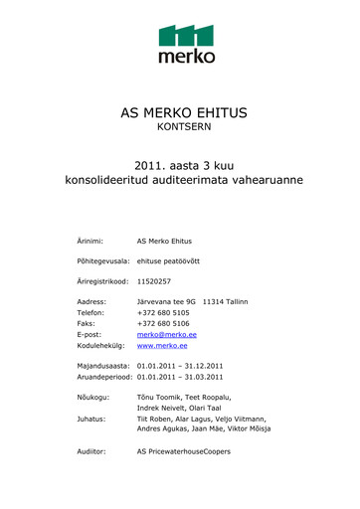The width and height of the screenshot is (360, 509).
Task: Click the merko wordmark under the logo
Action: pyautogui.click(x=187, y=57)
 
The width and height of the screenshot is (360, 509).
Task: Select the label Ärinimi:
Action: pyautogui.click(x=92, y=241)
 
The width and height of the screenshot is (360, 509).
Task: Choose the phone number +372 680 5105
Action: pyautogui.click(x=163, y=312)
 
